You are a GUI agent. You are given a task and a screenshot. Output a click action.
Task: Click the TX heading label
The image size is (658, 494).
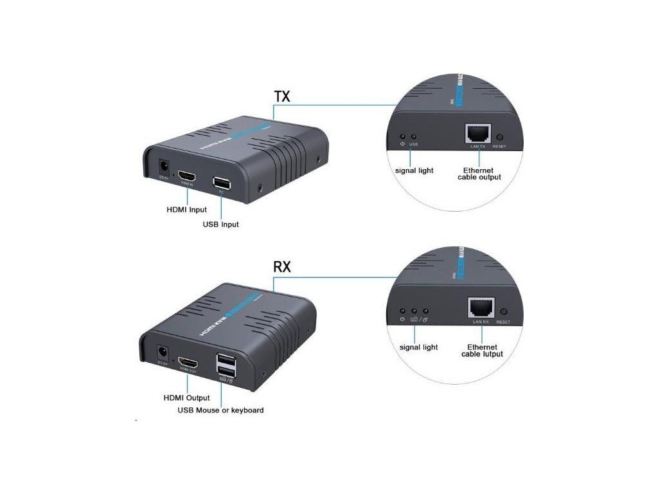click(x=282, y=96)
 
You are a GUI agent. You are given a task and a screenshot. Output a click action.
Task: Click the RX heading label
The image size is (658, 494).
click(x=282, y=266)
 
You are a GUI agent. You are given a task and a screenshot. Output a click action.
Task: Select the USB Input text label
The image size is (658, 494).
click(x=220, y=224)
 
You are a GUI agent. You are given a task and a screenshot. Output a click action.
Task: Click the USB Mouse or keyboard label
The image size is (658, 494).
click(x=220, y=410)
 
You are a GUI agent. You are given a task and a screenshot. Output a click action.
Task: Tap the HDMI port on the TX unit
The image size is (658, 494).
click(x=187, y=176)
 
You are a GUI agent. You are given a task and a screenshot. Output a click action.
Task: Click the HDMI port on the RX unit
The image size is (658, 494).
click(x=187, y=364)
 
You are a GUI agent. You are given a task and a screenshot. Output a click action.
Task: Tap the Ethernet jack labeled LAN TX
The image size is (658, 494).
click(x=477, y=134)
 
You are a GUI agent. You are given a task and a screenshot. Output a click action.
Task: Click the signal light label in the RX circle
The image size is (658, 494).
click(x=418, y=347)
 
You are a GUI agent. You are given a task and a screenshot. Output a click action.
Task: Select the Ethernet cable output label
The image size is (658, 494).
click(x=479, y=174)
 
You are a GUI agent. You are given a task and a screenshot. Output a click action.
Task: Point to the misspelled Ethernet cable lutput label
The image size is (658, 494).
click(x=482, y=351)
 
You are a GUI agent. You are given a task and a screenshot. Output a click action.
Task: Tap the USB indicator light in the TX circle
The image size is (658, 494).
click(x=413, y=137)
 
